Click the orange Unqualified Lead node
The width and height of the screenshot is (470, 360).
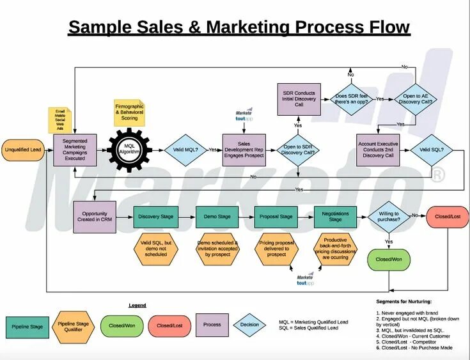click(x=23, y=150)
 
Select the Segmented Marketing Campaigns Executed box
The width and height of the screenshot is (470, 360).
click(x=75, y=150)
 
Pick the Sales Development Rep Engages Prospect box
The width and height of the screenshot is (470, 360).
click(x=244, y=150)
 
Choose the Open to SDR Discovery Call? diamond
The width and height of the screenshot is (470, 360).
click(x=298, y=150)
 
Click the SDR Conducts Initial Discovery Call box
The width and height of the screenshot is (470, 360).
click(x=299, y=99)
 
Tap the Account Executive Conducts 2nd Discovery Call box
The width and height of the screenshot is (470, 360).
click(x=378, y=150)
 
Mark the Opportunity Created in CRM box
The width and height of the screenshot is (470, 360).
click(x=95, y=217)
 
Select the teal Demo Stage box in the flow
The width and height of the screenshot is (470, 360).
click(x=217, y=217)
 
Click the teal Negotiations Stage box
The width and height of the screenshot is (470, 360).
click(x=335, y=217)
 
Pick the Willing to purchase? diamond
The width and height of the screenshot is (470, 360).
click(x=389, y=217)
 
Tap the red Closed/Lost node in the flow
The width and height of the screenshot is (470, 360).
click(x=448, y=217)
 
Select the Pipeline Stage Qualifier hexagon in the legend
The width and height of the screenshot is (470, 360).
click(x=74, y=327)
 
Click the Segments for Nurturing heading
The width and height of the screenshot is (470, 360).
click(x=403, y=301)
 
